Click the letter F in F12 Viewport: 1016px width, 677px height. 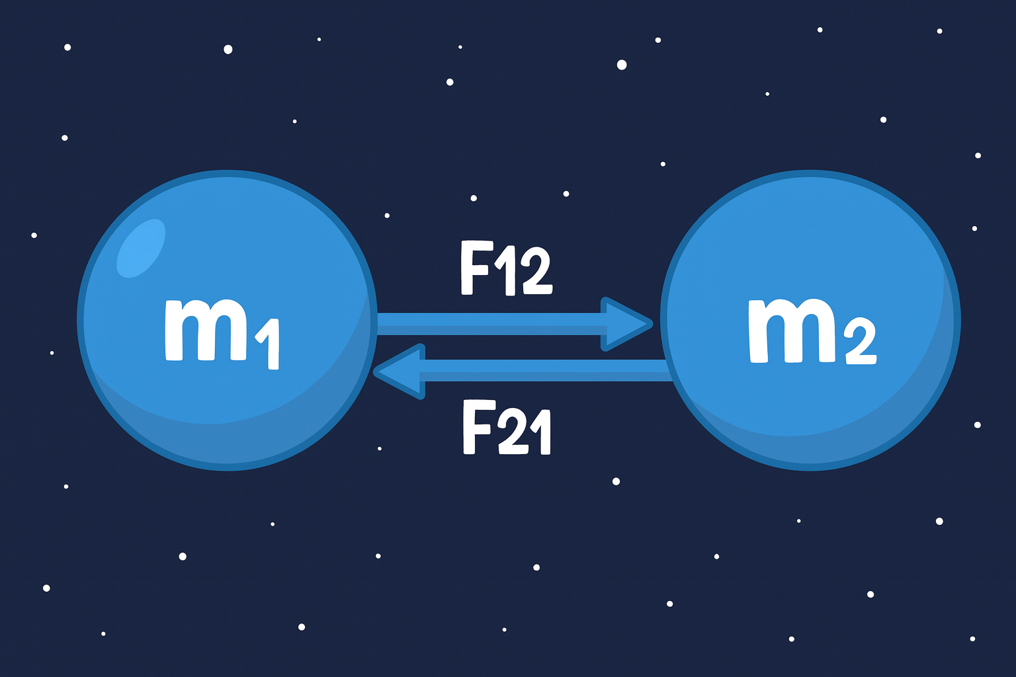click(475, 268)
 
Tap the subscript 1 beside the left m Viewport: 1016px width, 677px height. click(269, 344)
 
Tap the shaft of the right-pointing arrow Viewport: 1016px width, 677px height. click(489, 324)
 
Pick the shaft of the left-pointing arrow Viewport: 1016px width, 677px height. click(542, 370)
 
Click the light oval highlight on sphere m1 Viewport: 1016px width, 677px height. click(140, 247)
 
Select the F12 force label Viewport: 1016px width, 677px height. click(506, 268)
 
